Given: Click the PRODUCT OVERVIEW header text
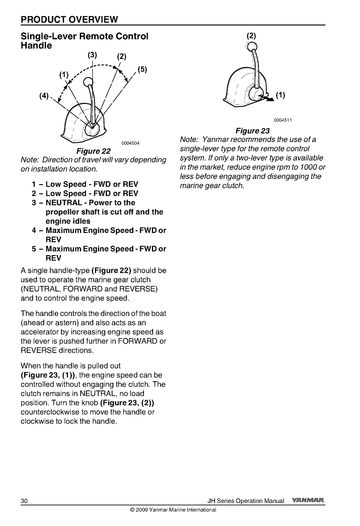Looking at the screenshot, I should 69,19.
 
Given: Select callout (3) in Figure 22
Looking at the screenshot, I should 92,54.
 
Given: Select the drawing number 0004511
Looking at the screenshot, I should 282,121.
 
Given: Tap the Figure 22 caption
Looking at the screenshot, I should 93,151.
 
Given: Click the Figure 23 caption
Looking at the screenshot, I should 252,131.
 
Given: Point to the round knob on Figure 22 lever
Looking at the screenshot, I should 87,83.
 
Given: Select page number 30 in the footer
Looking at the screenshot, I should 24,501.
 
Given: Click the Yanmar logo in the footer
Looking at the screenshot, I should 308,501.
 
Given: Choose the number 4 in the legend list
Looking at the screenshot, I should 34,231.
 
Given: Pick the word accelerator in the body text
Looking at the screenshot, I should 40,332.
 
